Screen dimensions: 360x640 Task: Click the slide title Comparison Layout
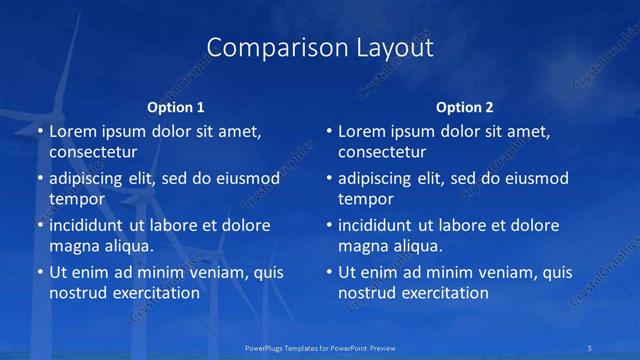320,48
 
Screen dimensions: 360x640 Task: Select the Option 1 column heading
176,107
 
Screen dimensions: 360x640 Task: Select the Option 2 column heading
464,107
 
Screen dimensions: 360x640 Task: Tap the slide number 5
590,346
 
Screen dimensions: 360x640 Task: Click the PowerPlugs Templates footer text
320,346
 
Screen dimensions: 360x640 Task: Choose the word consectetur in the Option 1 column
93,153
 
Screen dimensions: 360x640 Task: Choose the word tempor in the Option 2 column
365,199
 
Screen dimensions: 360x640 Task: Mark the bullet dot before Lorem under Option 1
39,132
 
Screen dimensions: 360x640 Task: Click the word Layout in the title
389,48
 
